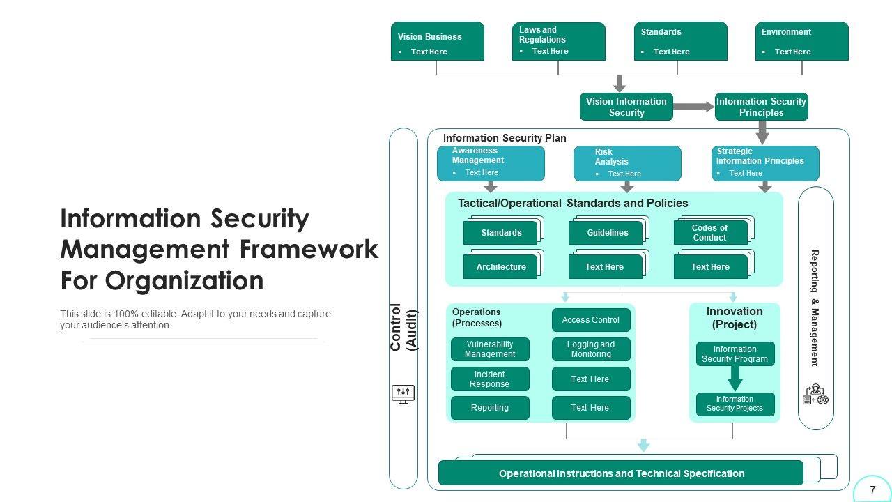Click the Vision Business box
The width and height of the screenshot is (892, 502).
pyautogui.click(x=437, y=41)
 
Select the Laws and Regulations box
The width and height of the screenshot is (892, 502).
pyautogui.click(x=558, y=41)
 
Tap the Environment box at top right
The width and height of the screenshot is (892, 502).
pyautogui.click(x=801, y=41)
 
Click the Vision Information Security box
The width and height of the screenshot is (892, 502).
pyautogui.click(x=626, y=107)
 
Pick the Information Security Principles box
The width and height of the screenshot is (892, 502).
pyautogui.click(x=761, y=107)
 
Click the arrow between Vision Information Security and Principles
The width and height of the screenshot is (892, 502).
pyautogui.click(x=693, y=107)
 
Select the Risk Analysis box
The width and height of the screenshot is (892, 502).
pyautogui.click(x=627, y=163)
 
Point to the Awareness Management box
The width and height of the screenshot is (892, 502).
pyautogui.click(x=491, y=163)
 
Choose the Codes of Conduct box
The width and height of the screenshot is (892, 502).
pyautogui.click(x=709, y=233)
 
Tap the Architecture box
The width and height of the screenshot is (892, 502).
pyautogui.click(x=501, y=267)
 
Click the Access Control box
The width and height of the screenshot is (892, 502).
pyautogui.click(x=590, y=320)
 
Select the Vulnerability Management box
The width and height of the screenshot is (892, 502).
pyautogui.click(x=490, y=349)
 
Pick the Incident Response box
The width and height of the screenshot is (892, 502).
pyautogui.click(x=490, y=379)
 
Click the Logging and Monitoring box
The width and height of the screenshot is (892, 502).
pyautogui.click(x=590, y=349)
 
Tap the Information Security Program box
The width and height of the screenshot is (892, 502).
pyautogui.click(x=735, y=353)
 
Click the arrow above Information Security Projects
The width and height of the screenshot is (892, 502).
pyautogui.click(x=735, y=379)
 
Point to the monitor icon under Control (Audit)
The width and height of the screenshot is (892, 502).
pyautogui.click(x=403, y=394)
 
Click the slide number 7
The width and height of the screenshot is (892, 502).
pyautogui.click(x=872, y=490)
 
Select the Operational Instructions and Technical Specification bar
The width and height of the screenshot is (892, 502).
pyautogui.click(x=620, y=473)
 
